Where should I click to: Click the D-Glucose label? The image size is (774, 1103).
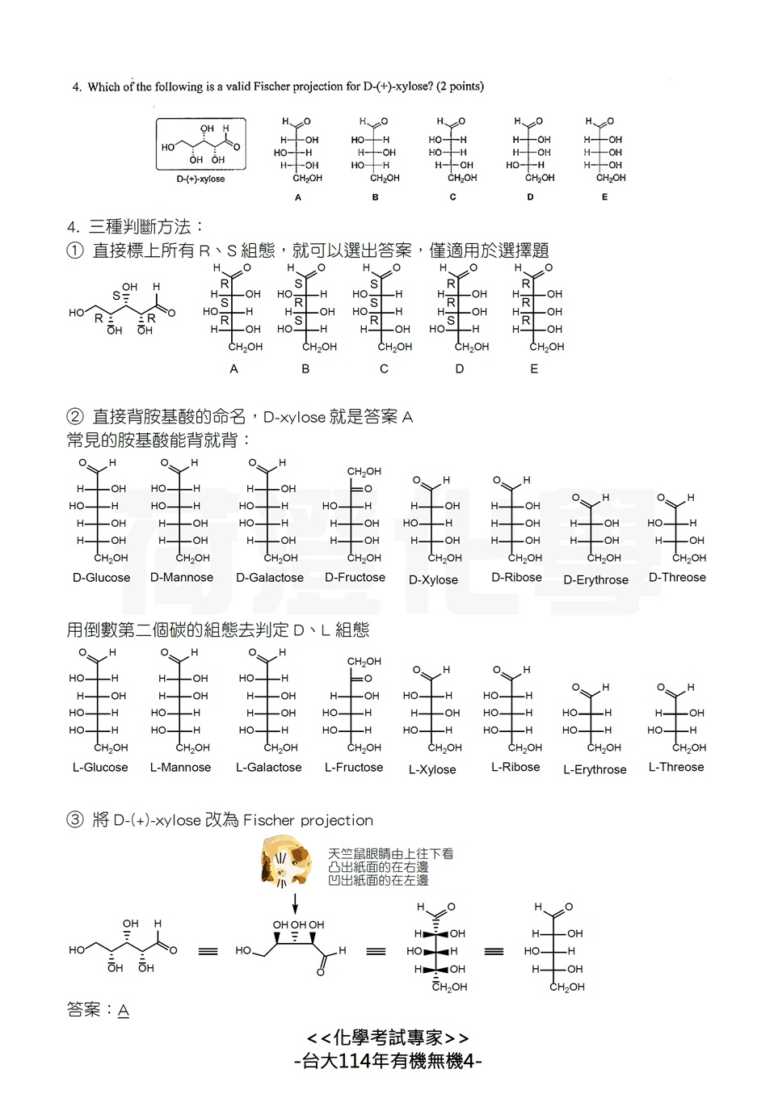point(101,578)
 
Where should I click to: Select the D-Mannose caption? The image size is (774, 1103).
point(182,577)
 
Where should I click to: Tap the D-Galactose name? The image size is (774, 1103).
point(270,578)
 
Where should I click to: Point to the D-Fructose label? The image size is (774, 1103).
point(355,577)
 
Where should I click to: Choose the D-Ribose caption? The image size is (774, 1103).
point(516,577)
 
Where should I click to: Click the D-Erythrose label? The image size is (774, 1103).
point(595,579)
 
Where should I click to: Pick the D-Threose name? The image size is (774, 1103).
point(677,577)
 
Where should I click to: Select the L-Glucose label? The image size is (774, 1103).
point(100,767)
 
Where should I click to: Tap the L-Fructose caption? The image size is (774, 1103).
point(354,767)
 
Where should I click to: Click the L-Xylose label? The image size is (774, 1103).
point(432,769)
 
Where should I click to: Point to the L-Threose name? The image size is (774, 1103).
point(676,767)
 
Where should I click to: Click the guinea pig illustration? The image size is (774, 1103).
point(285,861)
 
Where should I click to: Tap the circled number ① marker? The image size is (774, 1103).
point(75,250)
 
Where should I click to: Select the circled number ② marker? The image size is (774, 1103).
point(75,416)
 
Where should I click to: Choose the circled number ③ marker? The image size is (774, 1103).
point(75,819)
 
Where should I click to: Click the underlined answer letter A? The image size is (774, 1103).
point(123,1010)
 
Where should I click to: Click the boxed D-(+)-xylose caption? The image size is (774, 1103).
point(200,179)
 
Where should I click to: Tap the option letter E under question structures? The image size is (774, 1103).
point(604,197)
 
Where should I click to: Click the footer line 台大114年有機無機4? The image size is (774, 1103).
point(388,1061)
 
